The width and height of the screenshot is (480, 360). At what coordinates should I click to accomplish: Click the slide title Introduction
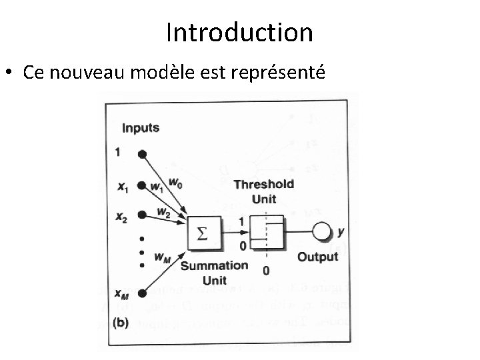(x=239, y=32)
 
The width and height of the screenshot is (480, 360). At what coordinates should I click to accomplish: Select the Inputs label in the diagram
(x=141, y=128)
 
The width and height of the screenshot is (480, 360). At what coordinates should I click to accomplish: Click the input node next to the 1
(x=141, y=153)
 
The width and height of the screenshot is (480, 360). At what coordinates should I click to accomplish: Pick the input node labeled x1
(x=141, y=187)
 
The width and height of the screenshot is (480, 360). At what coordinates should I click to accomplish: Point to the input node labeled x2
(x=141, y=215)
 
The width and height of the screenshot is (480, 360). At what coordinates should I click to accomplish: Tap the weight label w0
(x=175, y=181)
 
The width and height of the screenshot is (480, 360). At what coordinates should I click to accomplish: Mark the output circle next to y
(x=323, y=232)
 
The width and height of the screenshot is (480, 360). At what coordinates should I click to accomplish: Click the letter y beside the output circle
(x=341, y=232)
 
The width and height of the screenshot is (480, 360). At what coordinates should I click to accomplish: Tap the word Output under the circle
(x=317, y=257)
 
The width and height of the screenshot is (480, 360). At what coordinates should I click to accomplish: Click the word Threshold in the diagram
(x=264, y=185)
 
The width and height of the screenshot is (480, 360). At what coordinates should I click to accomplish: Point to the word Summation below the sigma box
(x=215, y=266)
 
